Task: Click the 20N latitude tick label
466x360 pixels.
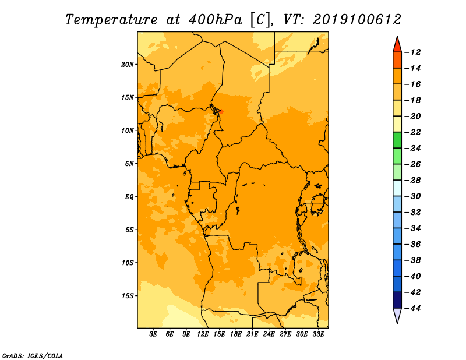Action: (x=128, y=65)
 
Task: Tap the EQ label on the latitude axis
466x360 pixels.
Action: (x=129, y=197)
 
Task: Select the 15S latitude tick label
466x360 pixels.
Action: (x=128, y=296)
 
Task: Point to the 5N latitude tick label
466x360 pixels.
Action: (x=129, y=164)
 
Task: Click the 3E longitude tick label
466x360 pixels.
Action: (x=153, y=334)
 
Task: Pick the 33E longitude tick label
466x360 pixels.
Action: (x=318, y=334)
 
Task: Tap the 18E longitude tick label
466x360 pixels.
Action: (x=236, y=334)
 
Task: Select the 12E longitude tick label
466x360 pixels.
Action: (x=203, y=334)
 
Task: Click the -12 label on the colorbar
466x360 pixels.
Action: (x=412, y=52)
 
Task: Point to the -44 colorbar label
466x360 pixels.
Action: (x=412, y=308)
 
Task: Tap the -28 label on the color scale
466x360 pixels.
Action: (x=412, y=181)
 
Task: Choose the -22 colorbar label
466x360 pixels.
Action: (x=412, y=132)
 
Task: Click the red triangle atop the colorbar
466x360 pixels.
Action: (x=397, y=45)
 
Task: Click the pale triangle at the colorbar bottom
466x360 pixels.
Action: (x=397, y=315)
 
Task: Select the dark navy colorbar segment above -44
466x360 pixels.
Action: (x=397, y=300)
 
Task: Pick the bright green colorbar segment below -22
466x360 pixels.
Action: (x=397, y=140)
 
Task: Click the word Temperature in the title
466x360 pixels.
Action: (x=111, y=20)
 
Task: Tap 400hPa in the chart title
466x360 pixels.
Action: (x=215, y=20)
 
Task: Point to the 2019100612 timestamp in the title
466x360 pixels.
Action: (x=357, y=20)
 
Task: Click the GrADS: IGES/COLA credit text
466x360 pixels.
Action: (x=33, y=355)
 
